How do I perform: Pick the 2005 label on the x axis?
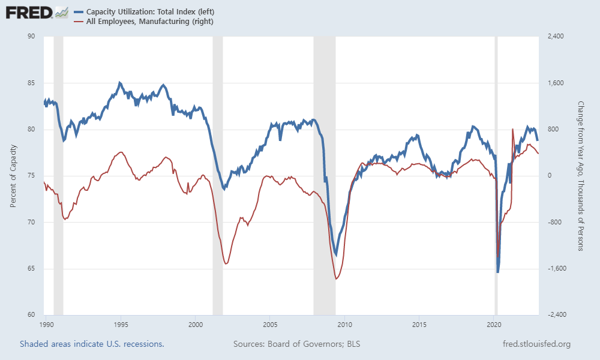(270, 325)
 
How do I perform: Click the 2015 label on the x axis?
(419, 325)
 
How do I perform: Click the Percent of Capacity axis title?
(13, 176)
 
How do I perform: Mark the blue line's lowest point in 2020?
(498, 272)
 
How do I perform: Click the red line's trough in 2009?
(336, 279)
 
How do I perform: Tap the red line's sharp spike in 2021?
(512, 129)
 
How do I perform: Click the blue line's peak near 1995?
(120, 83)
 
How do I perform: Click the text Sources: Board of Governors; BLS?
(296, 344)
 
